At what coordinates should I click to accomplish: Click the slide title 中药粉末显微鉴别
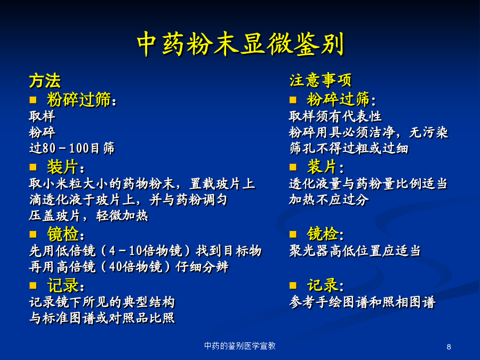click(x=241, y=44)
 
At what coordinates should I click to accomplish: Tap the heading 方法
click(x=45, y=81)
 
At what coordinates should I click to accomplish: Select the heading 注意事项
click(x=321, y=80)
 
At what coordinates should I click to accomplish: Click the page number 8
click(x=449, y=347)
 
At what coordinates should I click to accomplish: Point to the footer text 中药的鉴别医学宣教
click(x=240, y=346)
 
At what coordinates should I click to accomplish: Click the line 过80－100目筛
click(x=72, y=148)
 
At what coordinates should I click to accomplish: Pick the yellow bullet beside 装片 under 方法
click(x=33, y=167)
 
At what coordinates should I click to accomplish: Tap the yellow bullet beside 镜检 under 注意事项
click(x=293, y=235)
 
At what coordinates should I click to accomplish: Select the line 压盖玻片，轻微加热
click(x=89, y=215)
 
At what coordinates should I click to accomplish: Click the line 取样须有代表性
click(x=335, y=116)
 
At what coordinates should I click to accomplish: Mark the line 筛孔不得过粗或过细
click(x=349, y=148)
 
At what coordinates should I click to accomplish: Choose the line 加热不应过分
click(x=329, y=199)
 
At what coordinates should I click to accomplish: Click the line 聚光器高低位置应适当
click(x=355, y=251)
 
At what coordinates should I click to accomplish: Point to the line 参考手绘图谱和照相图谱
click(x=362, y=302)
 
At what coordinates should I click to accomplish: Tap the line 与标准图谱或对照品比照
click(x=102, y=318)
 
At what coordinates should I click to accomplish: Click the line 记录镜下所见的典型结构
click(x=102, y=302)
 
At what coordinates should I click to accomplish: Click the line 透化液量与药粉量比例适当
click(x=368, y=183)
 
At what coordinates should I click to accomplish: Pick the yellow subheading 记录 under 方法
click(x=63, y=286)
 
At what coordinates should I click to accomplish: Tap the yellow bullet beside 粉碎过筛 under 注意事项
click(x=293, y=100)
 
